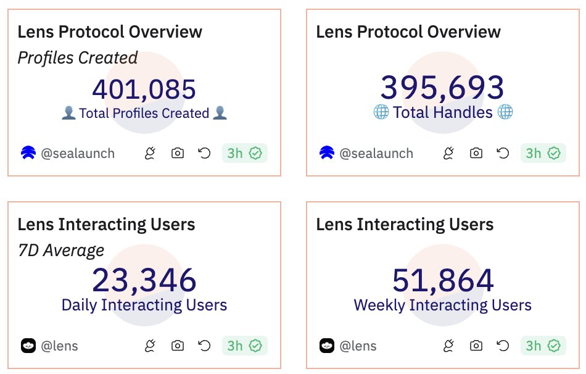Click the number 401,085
(144, 89)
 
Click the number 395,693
(442, 88)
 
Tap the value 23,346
(144, 281)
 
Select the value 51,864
(442, 281)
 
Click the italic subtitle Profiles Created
(77, 58)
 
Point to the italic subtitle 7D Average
(60, 250)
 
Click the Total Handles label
(443, 112)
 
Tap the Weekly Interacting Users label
(442, 305)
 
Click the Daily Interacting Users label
(144, 305)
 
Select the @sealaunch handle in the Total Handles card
(376, 153)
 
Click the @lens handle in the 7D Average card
(59, 346)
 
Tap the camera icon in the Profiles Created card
(178, 153)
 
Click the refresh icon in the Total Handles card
(503, 153)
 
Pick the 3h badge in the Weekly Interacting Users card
(543, 346)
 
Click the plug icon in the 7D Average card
(150, 346)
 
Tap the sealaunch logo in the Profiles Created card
(28, 153)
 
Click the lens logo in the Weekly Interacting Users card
(326, 346)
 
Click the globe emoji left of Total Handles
(381, 112)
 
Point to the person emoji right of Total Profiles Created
(220, 114)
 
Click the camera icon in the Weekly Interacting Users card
(476, 346)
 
